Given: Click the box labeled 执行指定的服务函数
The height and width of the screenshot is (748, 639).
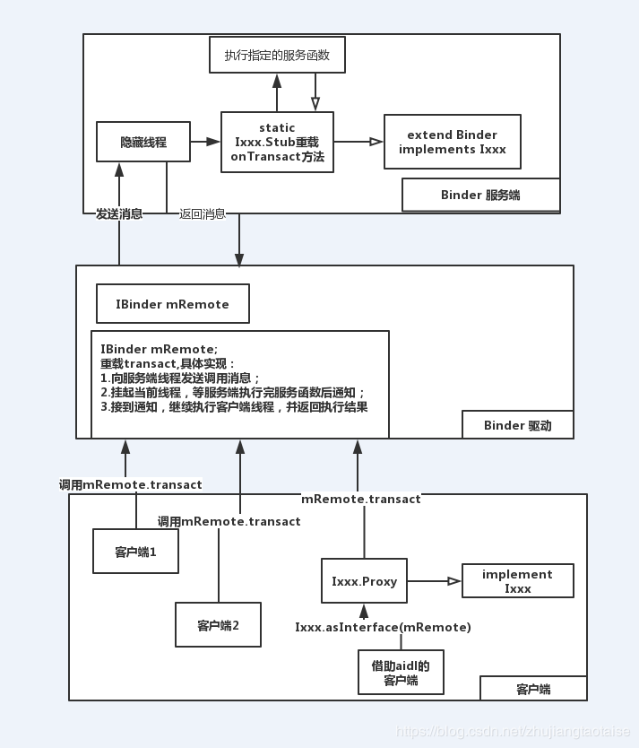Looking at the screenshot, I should coord(277,56).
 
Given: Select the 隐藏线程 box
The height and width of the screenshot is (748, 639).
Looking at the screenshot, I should coord(143,142).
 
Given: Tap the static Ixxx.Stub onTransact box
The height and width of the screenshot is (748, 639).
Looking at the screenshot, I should coord(277,142).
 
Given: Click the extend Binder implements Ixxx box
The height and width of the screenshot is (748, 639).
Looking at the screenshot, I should coord(453,142).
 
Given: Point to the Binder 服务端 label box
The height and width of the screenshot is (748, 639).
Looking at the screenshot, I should coord(480,195).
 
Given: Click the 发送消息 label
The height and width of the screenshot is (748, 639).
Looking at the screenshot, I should coord(119,214).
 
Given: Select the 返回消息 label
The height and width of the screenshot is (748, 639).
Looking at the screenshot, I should coord(203,214).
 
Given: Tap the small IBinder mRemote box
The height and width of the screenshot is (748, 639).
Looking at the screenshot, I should coord(173,304).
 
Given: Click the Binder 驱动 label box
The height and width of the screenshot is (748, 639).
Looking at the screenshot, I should coord(517,425).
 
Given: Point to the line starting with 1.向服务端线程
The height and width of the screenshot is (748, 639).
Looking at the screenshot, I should coord(180,378).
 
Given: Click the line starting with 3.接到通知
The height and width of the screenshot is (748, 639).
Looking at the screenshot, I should coord(234,407).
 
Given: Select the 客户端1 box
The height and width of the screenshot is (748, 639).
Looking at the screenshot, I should coord(135,552).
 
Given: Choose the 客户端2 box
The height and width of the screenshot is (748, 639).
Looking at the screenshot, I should coord(218,624).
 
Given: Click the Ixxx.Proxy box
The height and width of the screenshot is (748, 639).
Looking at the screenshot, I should coord(364,581).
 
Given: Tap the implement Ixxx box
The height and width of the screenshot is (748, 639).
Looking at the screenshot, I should coord(517,581).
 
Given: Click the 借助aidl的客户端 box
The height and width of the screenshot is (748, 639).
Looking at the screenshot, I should coord(401,673).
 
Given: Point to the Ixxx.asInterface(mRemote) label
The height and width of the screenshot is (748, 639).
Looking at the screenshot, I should coord(383,627).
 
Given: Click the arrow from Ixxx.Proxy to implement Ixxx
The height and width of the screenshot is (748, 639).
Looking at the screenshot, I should coord(434,581).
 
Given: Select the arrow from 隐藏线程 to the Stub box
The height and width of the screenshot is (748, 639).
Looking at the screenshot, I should coord(205,142).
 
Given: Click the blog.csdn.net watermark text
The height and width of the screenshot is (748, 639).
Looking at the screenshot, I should coord(513,732).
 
